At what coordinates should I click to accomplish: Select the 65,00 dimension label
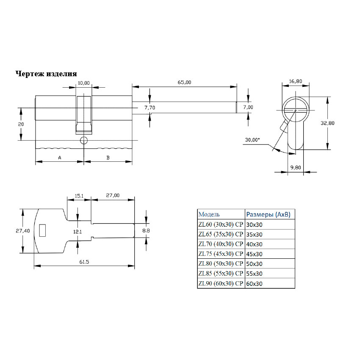point(184,82)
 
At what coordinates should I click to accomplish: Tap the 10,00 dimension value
point(83,83)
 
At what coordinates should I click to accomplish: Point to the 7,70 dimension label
point(150,108)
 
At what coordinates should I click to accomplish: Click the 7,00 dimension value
point(248,107)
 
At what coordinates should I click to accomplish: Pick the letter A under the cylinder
point(60,158)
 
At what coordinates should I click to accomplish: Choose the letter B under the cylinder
point(108,158)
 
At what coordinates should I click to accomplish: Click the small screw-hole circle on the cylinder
point(84,140)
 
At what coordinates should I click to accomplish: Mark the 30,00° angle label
point(252,140)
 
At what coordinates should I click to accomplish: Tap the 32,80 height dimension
point(327,123)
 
